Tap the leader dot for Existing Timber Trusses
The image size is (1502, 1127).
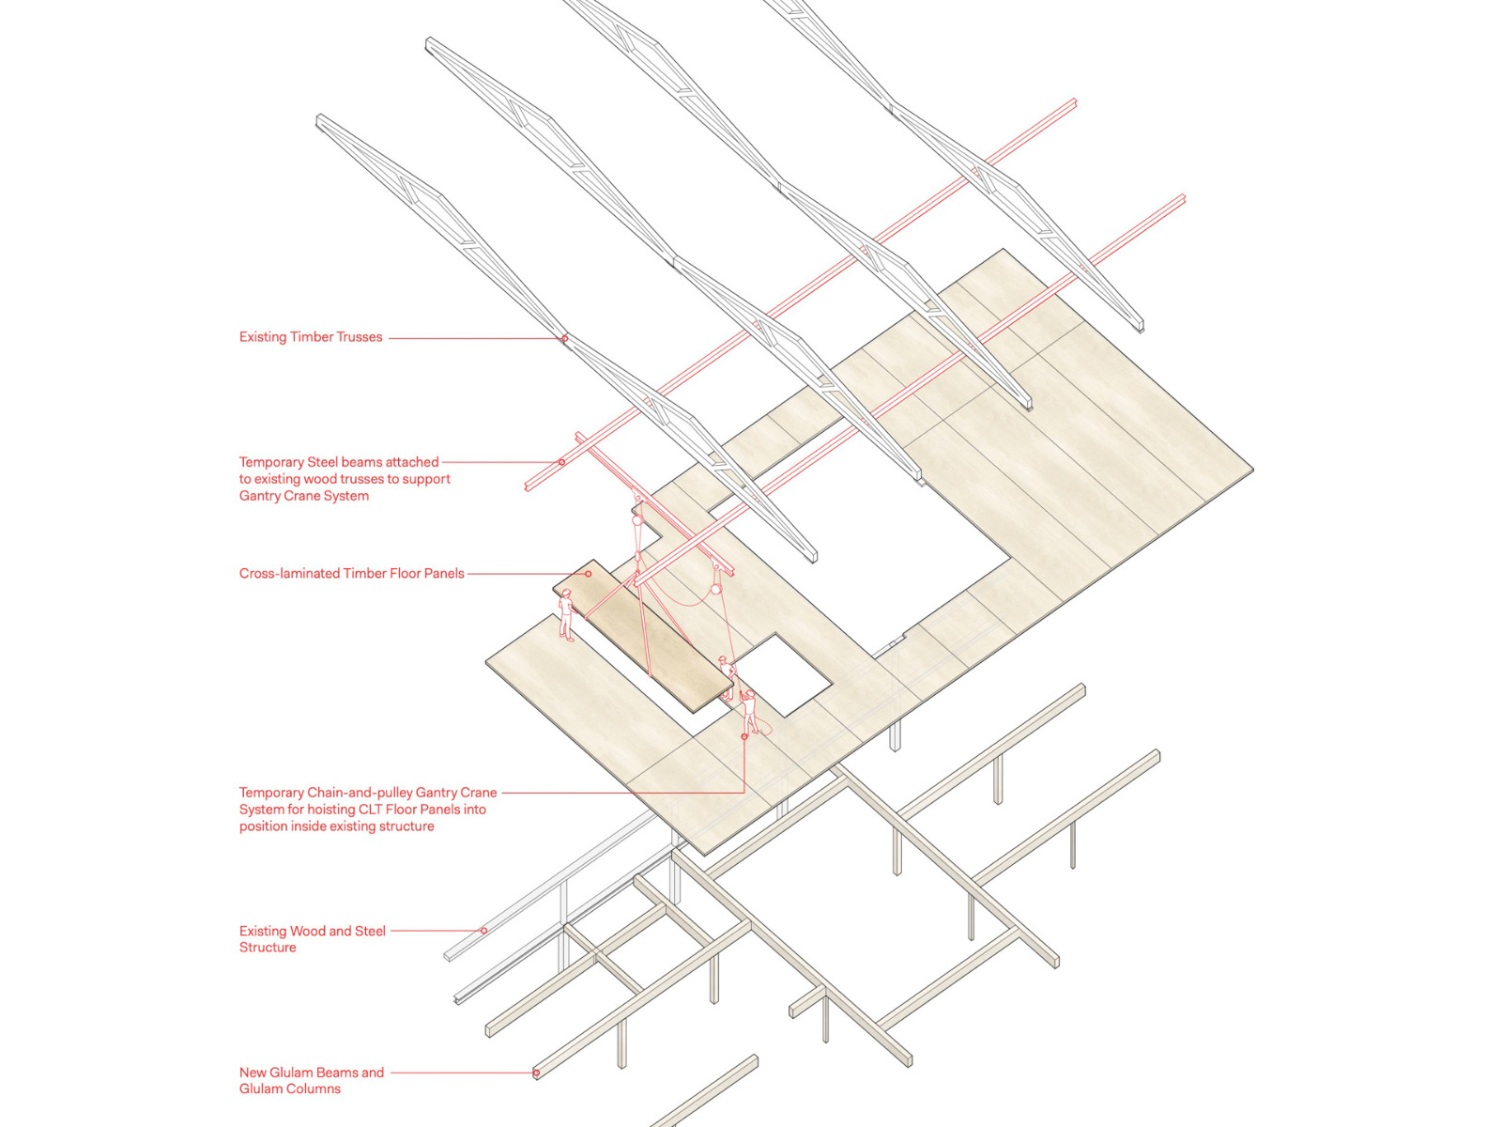[564, 338]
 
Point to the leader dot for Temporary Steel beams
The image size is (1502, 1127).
[561, 462]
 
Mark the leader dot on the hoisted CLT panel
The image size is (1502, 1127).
[589, 574]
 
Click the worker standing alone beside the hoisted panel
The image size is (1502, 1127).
[566, 615]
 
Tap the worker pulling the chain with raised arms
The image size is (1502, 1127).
[749, 711]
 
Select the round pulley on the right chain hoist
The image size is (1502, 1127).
[716, 590]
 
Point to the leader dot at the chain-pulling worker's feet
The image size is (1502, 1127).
[744, 737]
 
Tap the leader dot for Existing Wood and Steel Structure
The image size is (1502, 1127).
[484, 931]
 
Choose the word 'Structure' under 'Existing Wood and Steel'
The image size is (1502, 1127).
[268, 948]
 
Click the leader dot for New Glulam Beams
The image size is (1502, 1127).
[536, 1073]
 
